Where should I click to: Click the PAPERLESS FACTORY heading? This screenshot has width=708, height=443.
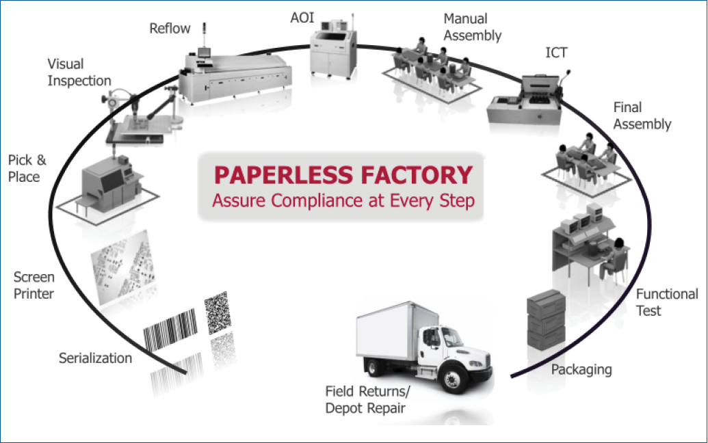pos(343,174)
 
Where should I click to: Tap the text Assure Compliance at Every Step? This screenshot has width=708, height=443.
pos(343,201)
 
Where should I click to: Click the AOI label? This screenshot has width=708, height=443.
pos(302,18)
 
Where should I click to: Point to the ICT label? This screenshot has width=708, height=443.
pos(556,53)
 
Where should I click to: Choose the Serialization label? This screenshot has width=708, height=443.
pos(95,358)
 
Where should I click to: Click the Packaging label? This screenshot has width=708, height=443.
pos(581,370)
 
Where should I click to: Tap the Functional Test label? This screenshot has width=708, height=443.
pos(667,302)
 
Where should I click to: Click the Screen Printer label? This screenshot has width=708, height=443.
pos(34,286)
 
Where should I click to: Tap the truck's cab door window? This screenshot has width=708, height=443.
pos(433,338)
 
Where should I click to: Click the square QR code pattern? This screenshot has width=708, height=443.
pos(217,312)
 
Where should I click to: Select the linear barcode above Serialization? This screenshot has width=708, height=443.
pos(170,330)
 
